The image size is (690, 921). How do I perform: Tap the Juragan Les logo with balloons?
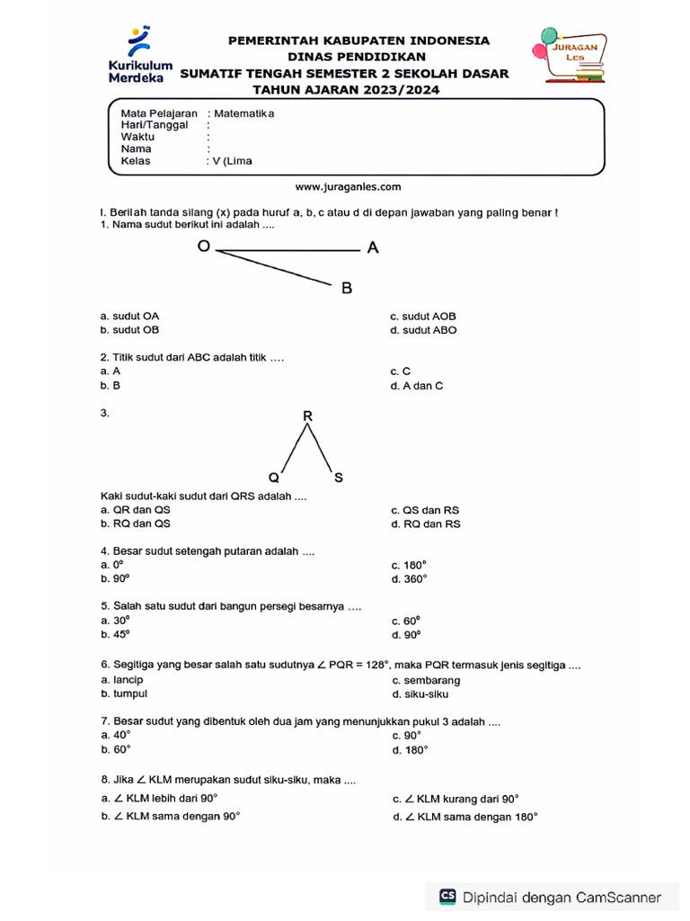(572, 56)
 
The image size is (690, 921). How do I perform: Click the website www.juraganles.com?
(349, 187)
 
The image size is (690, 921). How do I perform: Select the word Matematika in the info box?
(243, 113)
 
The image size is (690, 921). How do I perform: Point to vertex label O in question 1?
(203, 246)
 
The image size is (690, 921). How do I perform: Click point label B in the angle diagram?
(347, 289)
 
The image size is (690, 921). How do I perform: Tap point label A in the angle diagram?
(373, 249)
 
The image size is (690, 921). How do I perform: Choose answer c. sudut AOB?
(423, 317)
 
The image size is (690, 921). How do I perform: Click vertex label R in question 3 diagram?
(307, 416)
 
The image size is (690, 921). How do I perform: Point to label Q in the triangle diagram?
(273, 478)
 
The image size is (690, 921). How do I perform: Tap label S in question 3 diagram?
(338, 478)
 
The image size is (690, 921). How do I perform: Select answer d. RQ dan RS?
(426, 523)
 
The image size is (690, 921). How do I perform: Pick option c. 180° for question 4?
(409, 566)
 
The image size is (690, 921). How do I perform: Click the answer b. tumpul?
(124, 693)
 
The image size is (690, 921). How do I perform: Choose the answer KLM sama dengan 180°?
(465, 817)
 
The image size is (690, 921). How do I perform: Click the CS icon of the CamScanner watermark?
(447, 896)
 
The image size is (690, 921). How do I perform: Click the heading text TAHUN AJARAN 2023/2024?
(345, 90)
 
